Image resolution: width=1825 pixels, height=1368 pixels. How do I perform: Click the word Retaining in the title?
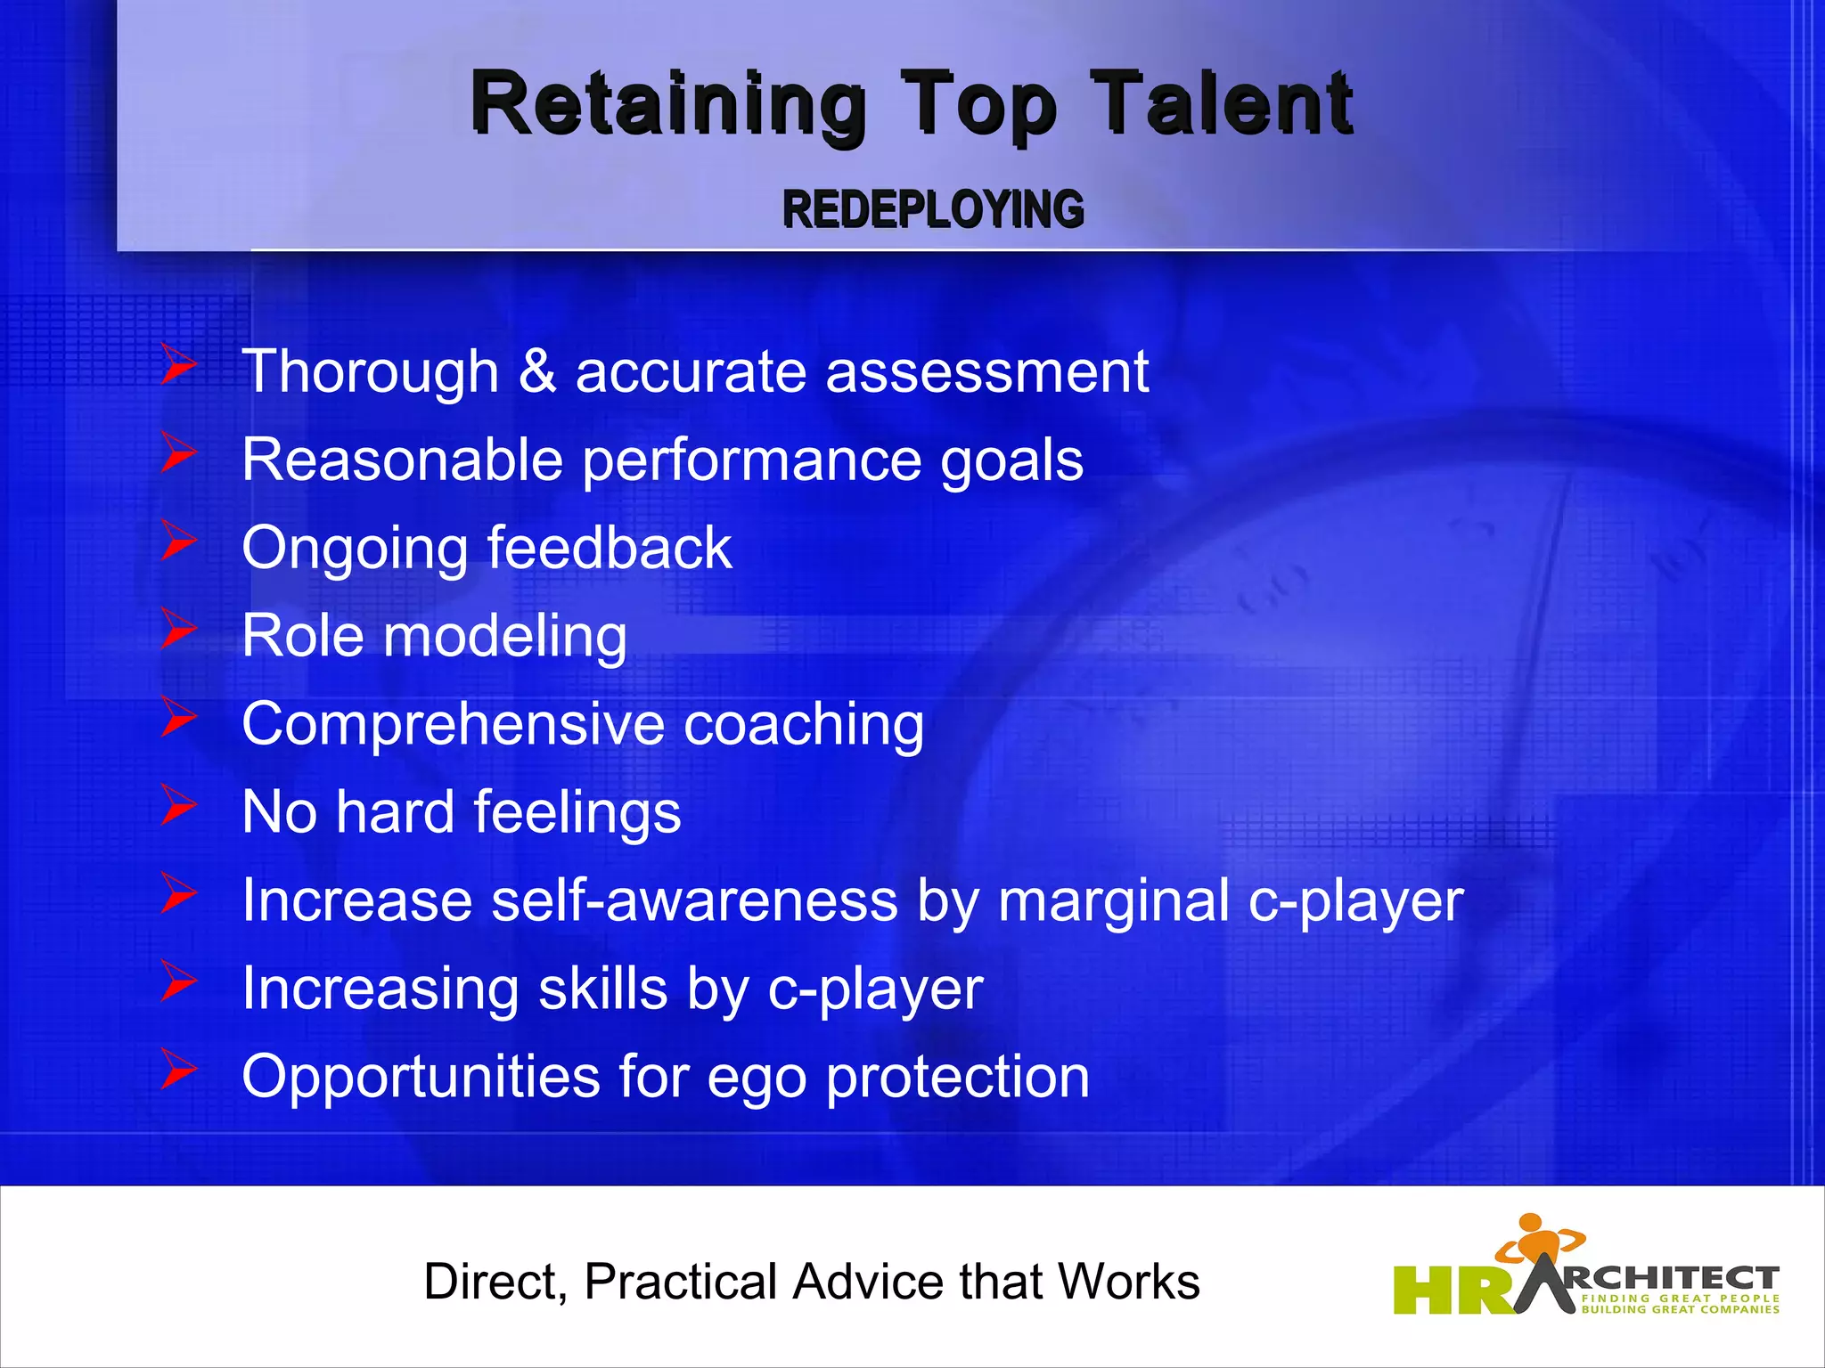pyautogui.click(x=668, y=105)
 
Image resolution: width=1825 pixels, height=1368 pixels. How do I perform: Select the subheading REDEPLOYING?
pyautogui.click(x=933, y=210)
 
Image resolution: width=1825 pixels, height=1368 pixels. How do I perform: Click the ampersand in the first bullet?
pyautogui.click(x=536, y=371)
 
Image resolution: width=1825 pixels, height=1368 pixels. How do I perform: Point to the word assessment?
pyautogui.click(x=986, y=372)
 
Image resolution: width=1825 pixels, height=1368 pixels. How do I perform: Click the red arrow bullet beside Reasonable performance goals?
pyautogui.click(x=179, y=454)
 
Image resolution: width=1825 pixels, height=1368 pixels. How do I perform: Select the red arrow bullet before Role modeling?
pyautogui.click(x=179, y=631)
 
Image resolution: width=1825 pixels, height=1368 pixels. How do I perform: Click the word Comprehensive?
pyautogui.click(x=453, y=724)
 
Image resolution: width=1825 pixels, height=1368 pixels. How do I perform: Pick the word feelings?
pyautogui.click(x=577, y=813)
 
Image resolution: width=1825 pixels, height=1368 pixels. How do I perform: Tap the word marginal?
pyautogui.click(x=1114, y=901)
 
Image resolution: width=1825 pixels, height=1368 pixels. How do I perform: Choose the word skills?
pyautogui.click(x=602, y=989)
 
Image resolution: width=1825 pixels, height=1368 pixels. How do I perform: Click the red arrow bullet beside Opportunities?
pyautogui.click(x=179, y=1071)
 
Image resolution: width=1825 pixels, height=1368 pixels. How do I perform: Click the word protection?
pyautogui.click(x=958, y=1078)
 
